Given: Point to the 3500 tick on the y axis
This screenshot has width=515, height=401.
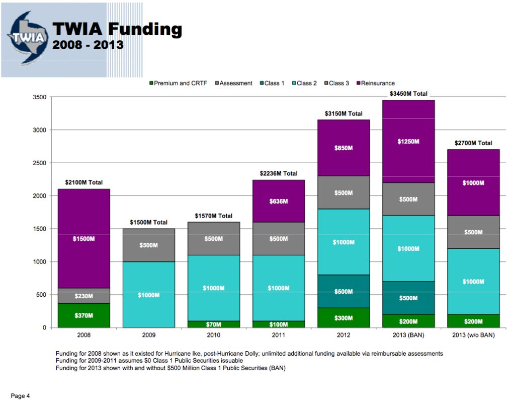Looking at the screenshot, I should (39, 97).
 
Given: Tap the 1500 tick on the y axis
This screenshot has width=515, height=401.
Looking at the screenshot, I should (39, 229).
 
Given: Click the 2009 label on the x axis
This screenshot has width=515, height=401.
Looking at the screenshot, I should (149, 335).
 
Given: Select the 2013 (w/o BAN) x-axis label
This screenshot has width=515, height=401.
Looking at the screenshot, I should (473, 335).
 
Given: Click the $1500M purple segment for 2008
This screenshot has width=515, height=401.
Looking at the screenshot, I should (84, 238).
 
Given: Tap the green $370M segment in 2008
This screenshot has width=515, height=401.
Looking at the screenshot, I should (84, 315).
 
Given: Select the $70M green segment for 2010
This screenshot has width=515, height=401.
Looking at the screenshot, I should (214, 324).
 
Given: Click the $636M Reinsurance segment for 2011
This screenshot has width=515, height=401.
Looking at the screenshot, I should (279, 201).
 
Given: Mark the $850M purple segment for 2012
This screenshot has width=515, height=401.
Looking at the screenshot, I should (344, 148).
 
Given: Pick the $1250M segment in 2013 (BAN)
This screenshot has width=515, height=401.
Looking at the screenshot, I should (408, 142).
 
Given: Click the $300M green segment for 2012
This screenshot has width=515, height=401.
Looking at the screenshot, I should (344, 318).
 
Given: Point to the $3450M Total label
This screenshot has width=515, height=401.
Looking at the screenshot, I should (408, 94).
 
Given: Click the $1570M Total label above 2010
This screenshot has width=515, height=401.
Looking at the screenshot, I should (214, 216).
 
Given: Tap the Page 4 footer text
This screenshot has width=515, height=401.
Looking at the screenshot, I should (21, 396).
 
